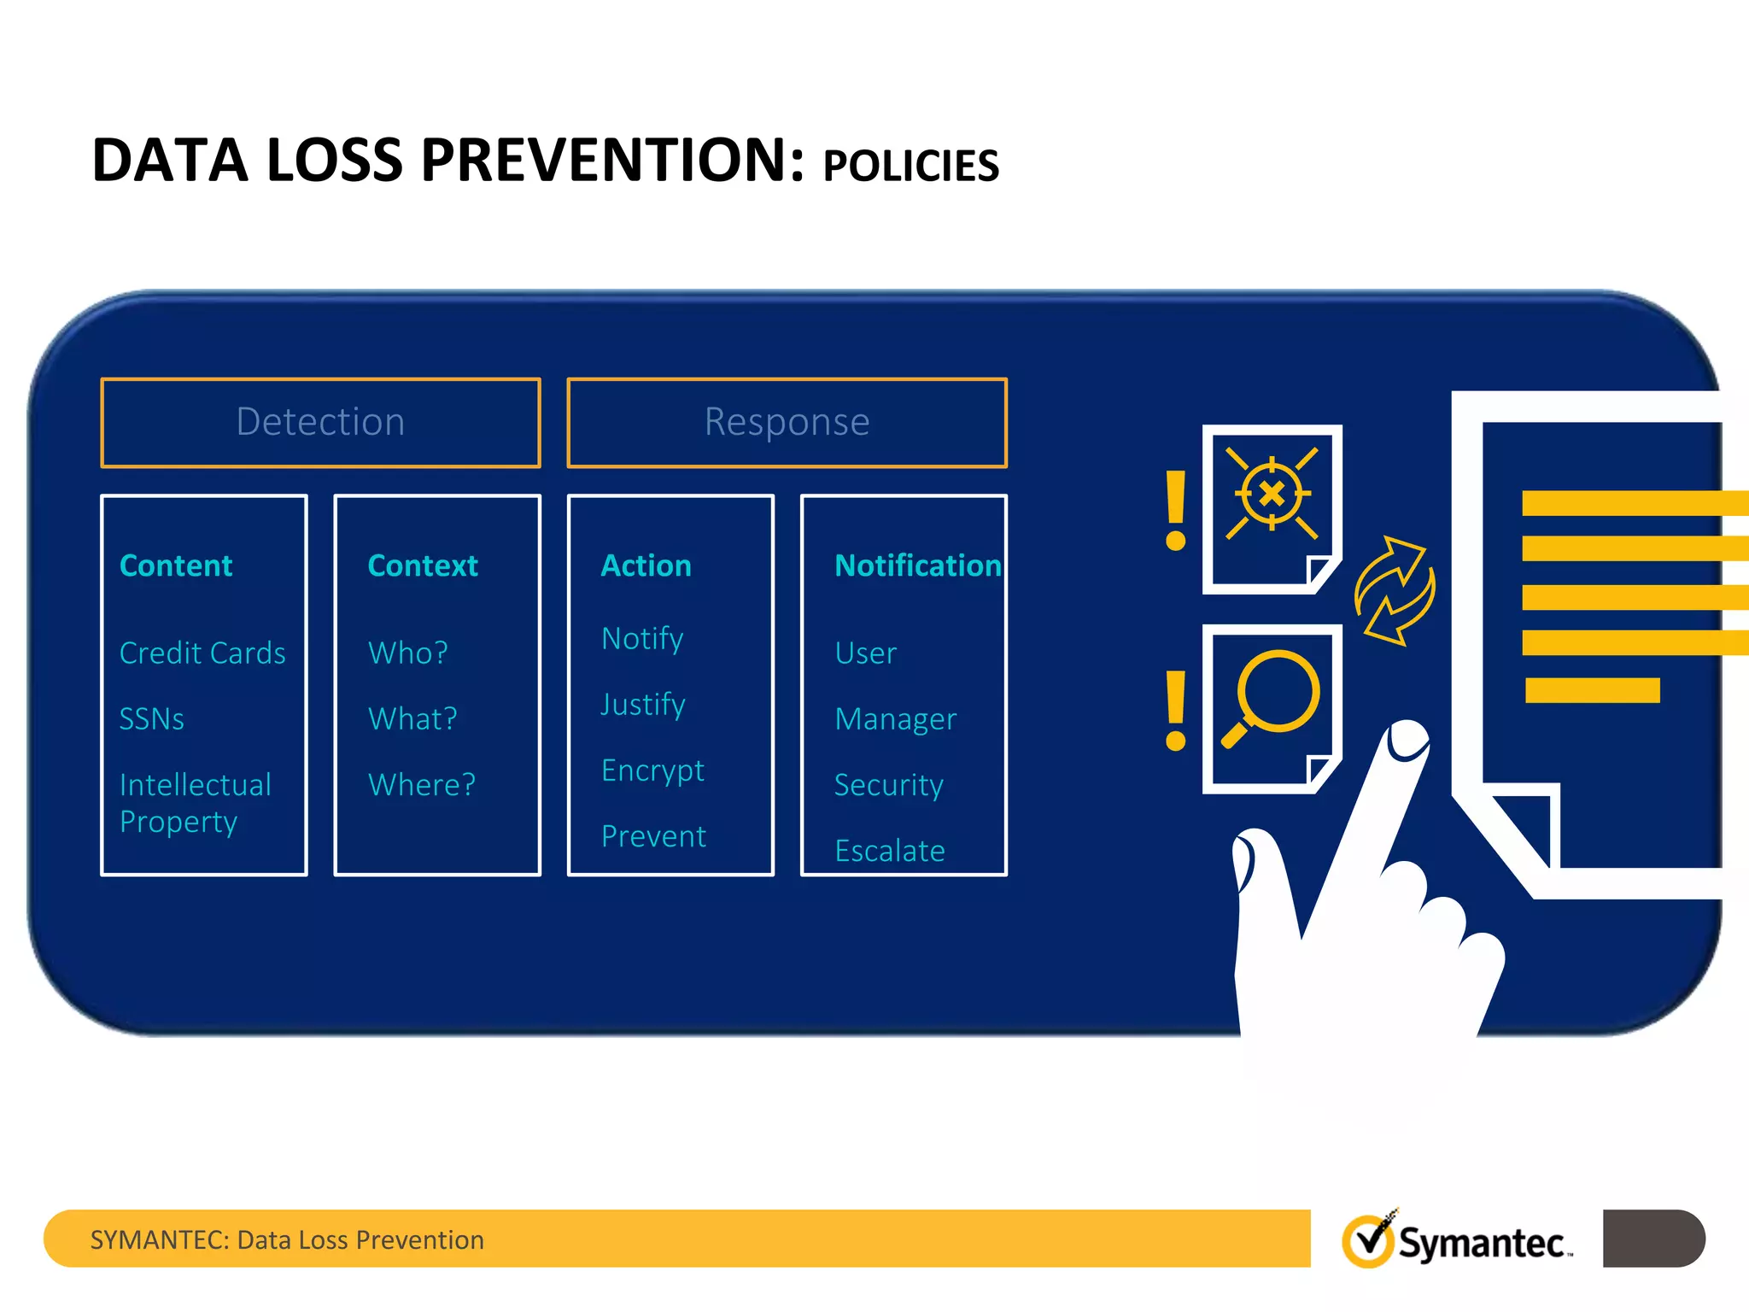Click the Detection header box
pos(320,423)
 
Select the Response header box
pos(787,423)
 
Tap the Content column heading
pos(176,565)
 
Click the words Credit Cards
pos(202,653)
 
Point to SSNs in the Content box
pos(152,719)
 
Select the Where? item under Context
pos(421,785)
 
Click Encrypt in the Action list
pos(652,770)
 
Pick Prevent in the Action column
pos(653,836)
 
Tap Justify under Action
pos(643,705)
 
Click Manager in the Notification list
pos(895,719)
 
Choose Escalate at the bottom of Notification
pos(890,851)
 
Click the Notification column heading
pos(917,565)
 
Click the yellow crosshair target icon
pos(1272,494)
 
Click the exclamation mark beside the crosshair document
pos(1176,510)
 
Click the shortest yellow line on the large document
pos(1592,690)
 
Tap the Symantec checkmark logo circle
pos(1369,1241)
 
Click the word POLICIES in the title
pos(910,166)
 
